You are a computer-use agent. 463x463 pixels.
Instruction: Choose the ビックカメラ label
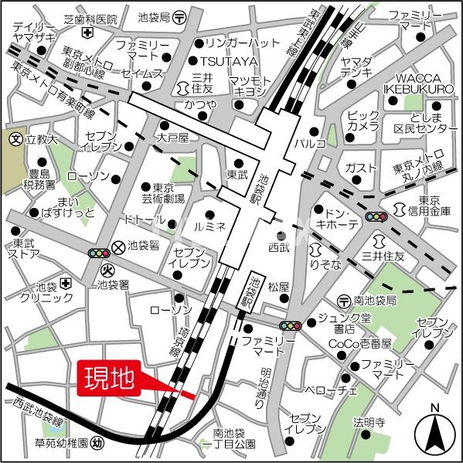pyautogui.click(x=363, y=121)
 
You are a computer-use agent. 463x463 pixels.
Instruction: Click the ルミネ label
pyautogui.click(x=209, y=227)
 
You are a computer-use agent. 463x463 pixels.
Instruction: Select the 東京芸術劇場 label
pyautogui.click(x=162, y=192)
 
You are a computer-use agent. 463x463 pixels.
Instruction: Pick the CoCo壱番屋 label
pyautogui.click(x=361, y=342)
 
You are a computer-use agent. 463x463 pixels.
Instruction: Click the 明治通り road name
pyautogui.click(x=265, y=382)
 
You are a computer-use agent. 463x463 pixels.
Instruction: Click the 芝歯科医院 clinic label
pyautogui.click(x=91, y=18)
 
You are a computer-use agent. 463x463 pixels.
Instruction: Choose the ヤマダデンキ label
pyautogui.click(x=356, y=67)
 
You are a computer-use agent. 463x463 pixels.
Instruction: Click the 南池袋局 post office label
pyautogui.click(x=379, y=300)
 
